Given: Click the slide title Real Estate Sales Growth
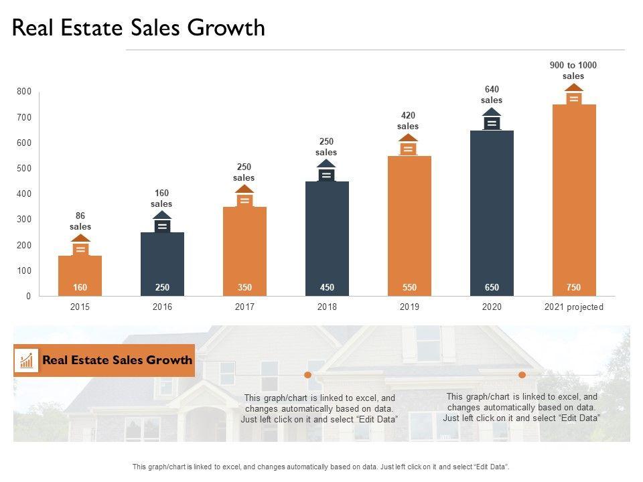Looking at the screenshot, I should pyautogui.click(x=139, y=27).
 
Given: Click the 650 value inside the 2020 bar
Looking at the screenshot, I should pyautogui.click(x=492, y=287).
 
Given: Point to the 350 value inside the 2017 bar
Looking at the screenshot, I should pyautogui.click(x=244, y=287).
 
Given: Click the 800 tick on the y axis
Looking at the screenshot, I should pyautogui.click(x=24, y=92).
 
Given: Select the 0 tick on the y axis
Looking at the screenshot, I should pyautogui.click(x=28, y=296).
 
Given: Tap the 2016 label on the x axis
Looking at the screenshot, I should pyautogui.click(x=162, y=307).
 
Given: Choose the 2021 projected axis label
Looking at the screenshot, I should pyautogui.click(x=574, y=307).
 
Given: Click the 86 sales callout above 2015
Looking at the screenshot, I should pyautogui.click(x=80, y=221).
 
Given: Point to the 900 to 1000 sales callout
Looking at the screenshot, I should pyautogui.click(x=573, y=70).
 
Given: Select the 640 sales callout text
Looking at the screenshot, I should pyautogui.click(x=492, y=94).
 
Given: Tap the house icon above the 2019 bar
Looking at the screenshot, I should pyautogui.click(x=409, y=145).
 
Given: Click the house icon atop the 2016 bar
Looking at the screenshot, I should pyautogui.click(x=162, y=223).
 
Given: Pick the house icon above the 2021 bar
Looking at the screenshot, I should pyautogui.click(x=574, y=95).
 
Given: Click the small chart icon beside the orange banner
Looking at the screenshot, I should pyautogui.click(x=27, y=360).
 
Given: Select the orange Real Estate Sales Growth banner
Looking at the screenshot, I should pyautogui.click(x=117, y=360).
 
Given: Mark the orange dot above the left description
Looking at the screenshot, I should pyautogui.click(x=308, y=375).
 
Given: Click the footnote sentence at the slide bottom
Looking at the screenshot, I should pyautogui.click(x=321, y=467).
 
